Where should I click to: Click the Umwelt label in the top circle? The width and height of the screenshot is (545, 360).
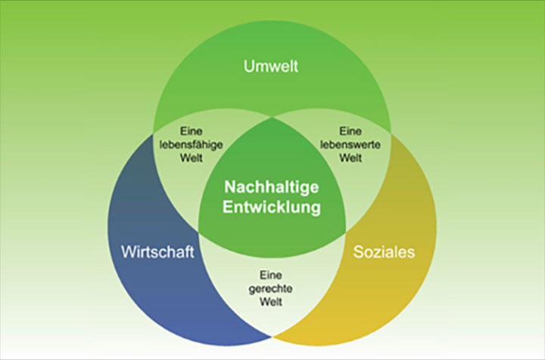point(271,67)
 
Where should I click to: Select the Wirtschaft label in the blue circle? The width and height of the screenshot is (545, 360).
point(157,252)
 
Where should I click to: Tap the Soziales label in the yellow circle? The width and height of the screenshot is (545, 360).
point(384,252)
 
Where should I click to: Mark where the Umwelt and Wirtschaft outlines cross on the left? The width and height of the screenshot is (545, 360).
point(154,141)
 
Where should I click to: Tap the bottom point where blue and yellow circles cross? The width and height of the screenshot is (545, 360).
point(272,337)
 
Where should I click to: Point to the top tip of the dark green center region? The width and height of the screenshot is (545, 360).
point(272,118)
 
